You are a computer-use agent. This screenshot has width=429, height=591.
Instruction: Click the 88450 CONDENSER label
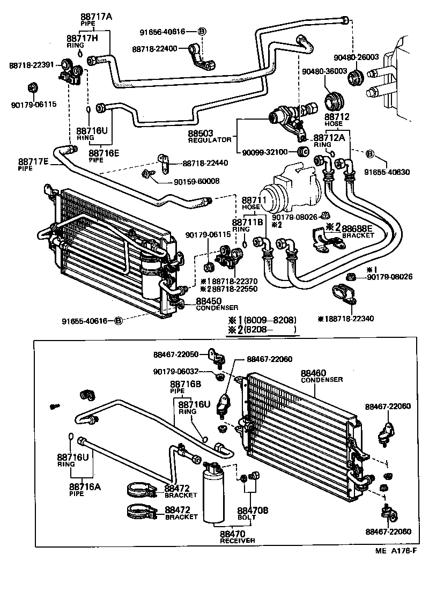pyautogui.click(x=217, y=304)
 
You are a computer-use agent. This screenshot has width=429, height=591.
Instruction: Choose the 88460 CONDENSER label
pyautogui.click(x=321, y=375)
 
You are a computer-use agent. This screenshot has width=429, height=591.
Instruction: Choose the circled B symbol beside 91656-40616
pyautogui.click(x=202, y=32)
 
